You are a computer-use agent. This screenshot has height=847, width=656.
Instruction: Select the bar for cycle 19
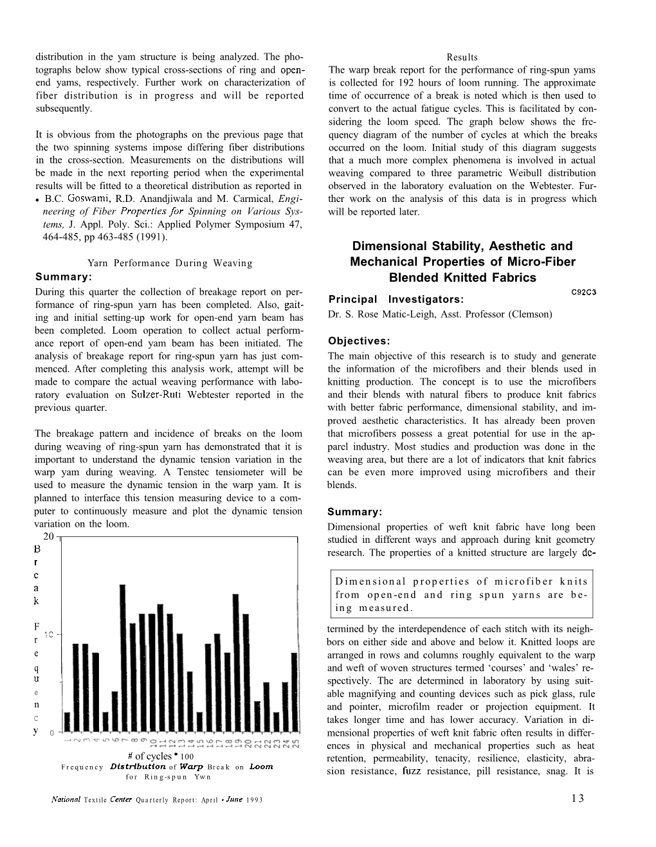coord(235,662)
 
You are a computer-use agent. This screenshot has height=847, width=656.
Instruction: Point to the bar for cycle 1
coord(67,721)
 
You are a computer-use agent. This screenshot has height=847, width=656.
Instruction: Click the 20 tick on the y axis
coord(48,537)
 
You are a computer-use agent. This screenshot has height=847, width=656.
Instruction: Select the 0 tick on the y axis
coord(51,733)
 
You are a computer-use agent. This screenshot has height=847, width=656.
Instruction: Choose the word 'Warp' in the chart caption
coord(191,767)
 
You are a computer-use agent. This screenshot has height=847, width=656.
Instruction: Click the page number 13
coord(577,799)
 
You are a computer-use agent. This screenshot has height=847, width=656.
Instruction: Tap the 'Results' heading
coord(462,57)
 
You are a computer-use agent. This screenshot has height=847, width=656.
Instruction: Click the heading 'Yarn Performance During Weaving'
coord(169,263)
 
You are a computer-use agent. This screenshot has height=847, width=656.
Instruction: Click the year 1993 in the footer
coord(255,799)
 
